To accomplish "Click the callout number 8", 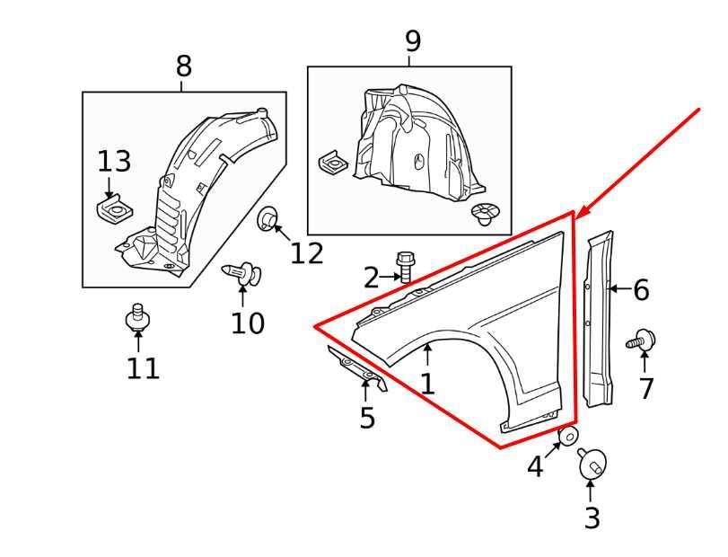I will pos(183,66).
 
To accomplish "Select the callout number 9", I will pos(412,41).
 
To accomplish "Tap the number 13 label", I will pos(114,163).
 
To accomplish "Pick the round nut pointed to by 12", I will pos(268,218).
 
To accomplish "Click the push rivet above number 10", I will pos(242,272).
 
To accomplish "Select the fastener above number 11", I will pos(137,317).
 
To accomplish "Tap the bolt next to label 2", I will pos(405,265).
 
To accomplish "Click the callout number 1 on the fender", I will pos(428,385).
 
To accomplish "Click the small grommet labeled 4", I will pos(567,438).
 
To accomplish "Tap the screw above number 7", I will pos(643,340).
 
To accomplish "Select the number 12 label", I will pos(306,254).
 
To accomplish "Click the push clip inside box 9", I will pos(484,214).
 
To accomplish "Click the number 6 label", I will pos(640,290).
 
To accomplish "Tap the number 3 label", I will pos(592,518).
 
